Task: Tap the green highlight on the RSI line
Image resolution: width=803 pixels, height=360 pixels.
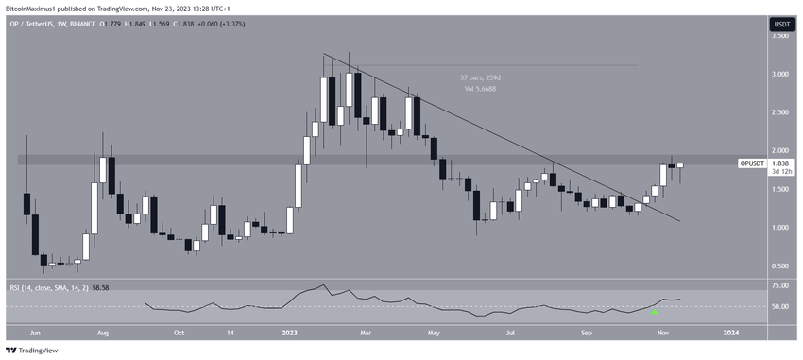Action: point(657,308)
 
